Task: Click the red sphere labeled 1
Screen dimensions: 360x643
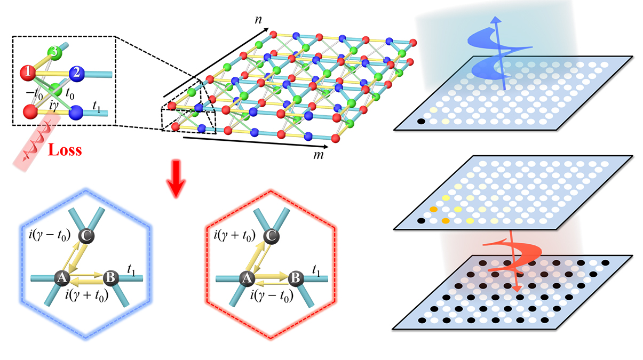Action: [x=27, y=71]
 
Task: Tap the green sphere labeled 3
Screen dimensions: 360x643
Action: [x=53, y=52]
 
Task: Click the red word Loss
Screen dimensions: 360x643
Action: [x=65, y=150]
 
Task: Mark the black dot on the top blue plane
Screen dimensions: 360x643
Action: [x=421, y=122]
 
